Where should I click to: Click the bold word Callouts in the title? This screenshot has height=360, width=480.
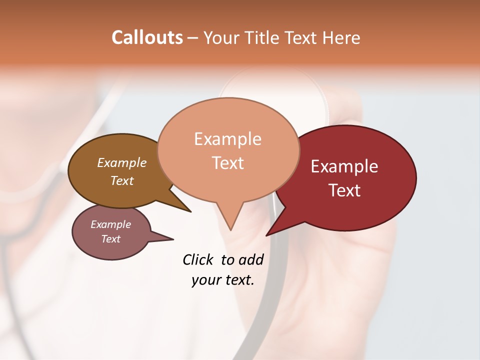pos(147,37)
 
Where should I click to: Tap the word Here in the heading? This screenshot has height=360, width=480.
pos(342,37)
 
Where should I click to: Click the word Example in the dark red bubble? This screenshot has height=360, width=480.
pos(344,166)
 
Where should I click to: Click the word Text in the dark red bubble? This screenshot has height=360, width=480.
pos(345,190)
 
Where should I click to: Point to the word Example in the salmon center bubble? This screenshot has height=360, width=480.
pos(227,138)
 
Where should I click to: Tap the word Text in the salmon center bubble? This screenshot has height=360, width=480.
pos(228,163)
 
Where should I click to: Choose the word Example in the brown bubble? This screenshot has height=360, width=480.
pos(122,162)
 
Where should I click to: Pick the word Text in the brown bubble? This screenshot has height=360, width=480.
pos(122,180)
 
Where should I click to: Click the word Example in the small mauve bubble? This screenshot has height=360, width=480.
pos(110,224)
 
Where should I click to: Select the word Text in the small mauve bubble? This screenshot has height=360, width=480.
pos(111,239)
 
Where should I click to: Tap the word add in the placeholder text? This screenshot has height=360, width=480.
pos(251,259)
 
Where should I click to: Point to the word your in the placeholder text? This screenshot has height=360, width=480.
pos(205,280)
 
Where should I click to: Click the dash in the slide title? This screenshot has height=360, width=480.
pos(193,38)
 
